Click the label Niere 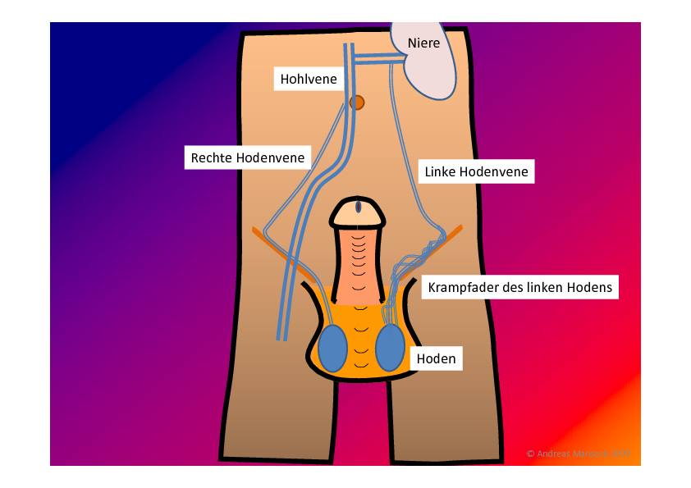(x=423, y=43)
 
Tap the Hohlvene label (x=309, y=80)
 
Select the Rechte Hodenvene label (x=248, y=157)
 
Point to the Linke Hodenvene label (x=476, y=172)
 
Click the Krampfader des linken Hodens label (x=520, y=288)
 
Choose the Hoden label (x=436, y=358)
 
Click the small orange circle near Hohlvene (x=357, y=103)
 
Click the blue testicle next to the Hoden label (x=391, y=348)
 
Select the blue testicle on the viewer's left (x=332, y=348)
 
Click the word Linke (x=441, y=172)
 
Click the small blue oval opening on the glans (x=359, y=207)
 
